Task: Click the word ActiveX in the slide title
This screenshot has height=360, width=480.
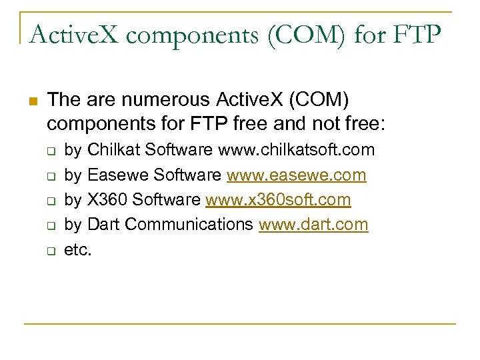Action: pos(70,34)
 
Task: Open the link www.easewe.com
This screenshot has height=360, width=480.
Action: pos(296,175)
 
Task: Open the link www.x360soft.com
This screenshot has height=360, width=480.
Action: pos(278,200)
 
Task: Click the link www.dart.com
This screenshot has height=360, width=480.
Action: pos(313,225)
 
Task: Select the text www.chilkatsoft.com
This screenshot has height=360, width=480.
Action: pos(297,150)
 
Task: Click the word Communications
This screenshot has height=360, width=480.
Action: pos(189,225)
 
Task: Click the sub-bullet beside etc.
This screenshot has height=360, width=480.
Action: pos(50,251)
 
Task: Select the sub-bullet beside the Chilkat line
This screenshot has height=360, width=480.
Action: pos(50,151)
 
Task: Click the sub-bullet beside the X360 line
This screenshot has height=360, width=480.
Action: pos(50,201)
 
